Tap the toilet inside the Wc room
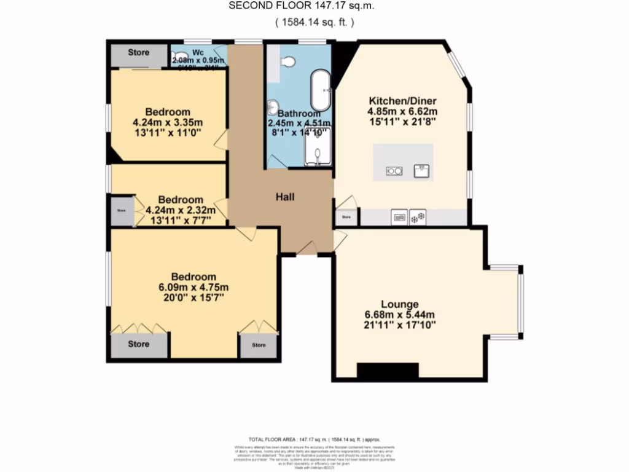(179, 59)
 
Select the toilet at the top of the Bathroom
(287, 61)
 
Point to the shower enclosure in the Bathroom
(318, 147)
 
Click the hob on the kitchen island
(394, 171)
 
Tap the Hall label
(284, 197)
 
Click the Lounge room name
(400, 304)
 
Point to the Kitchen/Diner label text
(402, 101)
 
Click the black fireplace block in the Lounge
(388, 371)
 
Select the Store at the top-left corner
(138, 53)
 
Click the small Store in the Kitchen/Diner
(346, 217)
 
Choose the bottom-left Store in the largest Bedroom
(139, 345)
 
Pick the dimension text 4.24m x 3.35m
(167, 122)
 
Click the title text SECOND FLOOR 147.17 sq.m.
(301, 6)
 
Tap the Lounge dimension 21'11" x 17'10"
(400, 324)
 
